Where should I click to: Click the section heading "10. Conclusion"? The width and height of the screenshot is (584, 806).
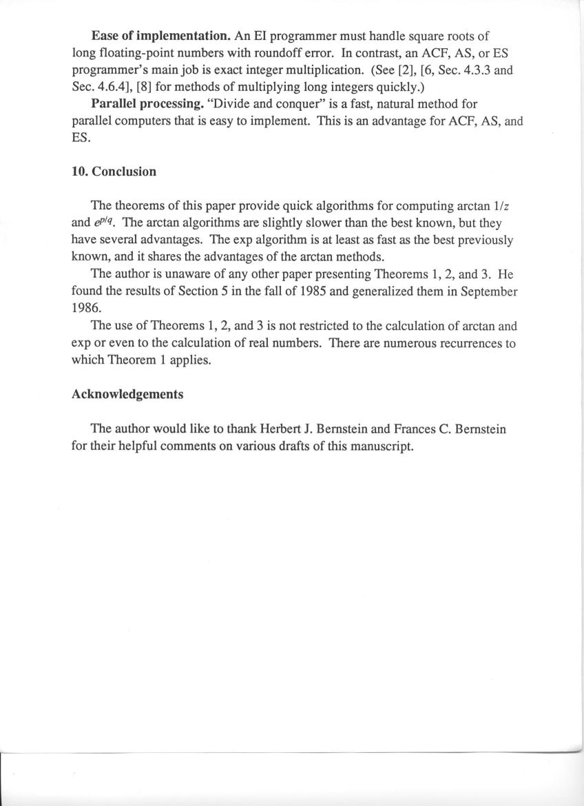tap(114, 172)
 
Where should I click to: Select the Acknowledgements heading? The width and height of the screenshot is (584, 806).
tap(127, 394)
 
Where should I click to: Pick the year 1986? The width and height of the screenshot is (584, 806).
tap(85, 309)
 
